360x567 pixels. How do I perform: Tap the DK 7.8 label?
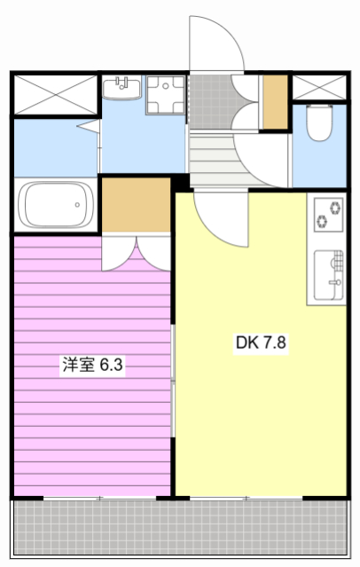point(262,342)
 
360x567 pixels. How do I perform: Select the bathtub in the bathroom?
point(55,206)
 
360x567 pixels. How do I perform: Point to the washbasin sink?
point(122,90)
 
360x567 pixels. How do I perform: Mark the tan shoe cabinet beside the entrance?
point(276,103)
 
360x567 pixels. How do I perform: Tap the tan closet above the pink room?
point(135,205)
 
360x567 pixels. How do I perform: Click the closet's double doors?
point(136,253)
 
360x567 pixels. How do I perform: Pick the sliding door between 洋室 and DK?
point(174,382)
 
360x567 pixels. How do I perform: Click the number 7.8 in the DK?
point(276,342)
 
